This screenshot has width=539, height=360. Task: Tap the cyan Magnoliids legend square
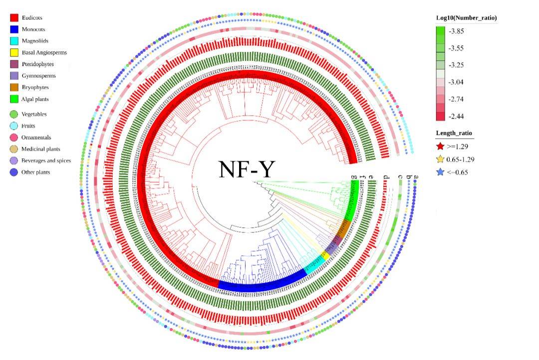coord(14,41)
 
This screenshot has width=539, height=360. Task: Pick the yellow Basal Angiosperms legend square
coord(14,52)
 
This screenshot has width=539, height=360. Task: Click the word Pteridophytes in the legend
coord(38,64)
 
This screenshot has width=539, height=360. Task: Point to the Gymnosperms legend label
coord(39,76)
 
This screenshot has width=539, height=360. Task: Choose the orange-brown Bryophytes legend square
coord(14,87)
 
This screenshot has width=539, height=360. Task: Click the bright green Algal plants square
coord(14,99)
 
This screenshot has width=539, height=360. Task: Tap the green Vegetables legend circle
coord(14,114)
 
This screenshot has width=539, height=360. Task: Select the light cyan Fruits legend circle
coord(14,126)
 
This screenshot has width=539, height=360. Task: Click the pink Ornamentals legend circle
coord(14,137)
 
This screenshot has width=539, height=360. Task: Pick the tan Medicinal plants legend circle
coord(14,149)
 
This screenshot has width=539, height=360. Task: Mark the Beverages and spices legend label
coord(46,161)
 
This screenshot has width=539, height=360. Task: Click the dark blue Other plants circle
coord(14,172)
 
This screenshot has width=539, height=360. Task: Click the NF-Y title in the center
coord(246,169)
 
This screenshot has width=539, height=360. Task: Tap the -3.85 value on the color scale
coord(457,31)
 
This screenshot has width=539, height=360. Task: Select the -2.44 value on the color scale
coord(457,116)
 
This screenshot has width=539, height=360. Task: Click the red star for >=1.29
coord(440,146)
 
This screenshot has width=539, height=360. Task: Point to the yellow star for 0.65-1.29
coord(440,159)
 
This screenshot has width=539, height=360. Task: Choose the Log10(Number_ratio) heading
coord(466,18)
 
